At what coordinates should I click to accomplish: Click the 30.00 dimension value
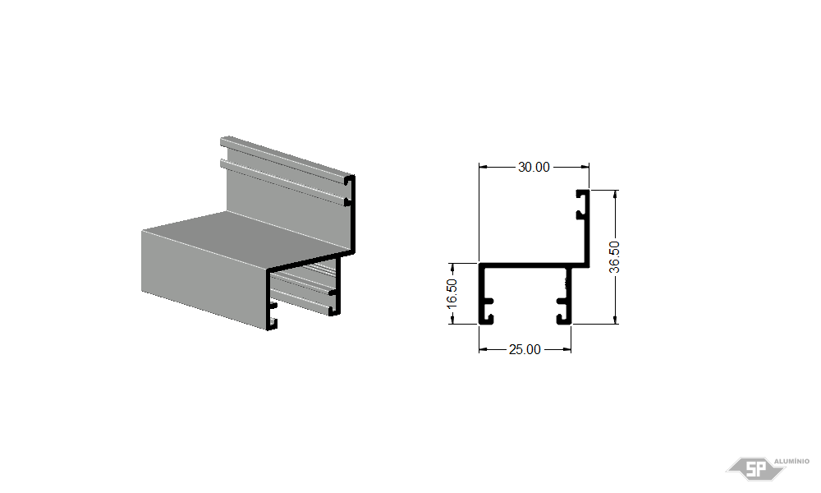point(534,167)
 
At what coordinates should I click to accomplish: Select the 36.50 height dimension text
point(615,256)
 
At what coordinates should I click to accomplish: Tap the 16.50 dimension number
point(452,294)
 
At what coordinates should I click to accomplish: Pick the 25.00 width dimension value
point(525,349)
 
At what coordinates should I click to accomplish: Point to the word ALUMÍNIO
point(791,461)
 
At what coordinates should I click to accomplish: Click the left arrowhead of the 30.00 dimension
point(483,167)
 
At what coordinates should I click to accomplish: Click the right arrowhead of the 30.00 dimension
point(585,167)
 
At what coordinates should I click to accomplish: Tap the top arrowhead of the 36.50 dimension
point(615,195)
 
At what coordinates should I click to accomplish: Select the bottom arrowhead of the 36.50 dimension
point(615,320)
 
